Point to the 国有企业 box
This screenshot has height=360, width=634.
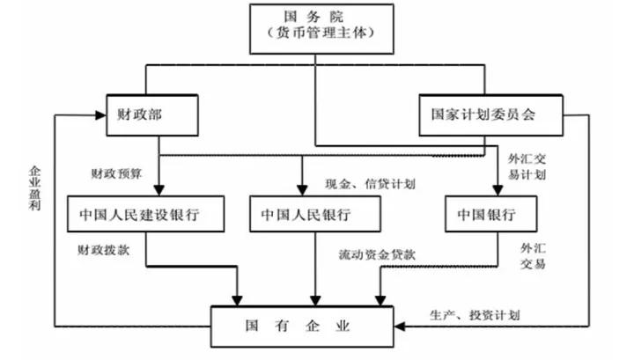pyautogui.click(x=299, y=326)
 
